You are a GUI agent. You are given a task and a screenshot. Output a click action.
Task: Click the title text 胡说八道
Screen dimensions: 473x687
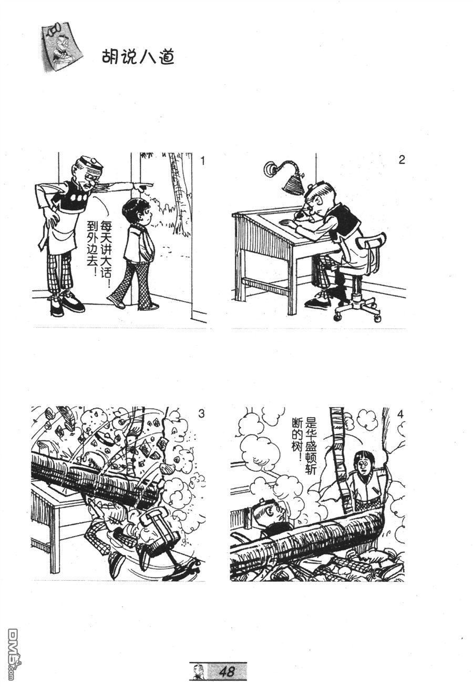point(138,57)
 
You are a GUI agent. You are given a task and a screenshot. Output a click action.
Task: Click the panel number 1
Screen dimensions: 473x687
point(202,161)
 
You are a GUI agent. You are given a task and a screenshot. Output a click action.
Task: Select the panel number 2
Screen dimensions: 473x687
point(402,159)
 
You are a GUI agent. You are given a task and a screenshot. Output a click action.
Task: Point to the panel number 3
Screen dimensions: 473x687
point(201,414)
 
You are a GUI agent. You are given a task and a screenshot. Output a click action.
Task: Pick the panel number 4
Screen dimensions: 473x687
point(400,415)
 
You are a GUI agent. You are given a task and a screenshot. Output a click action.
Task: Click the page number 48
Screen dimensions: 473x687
point(227,671)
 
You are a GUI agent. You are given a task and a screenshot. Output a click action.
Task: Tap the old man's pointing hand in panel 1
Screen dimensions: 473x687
point(143,186)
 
